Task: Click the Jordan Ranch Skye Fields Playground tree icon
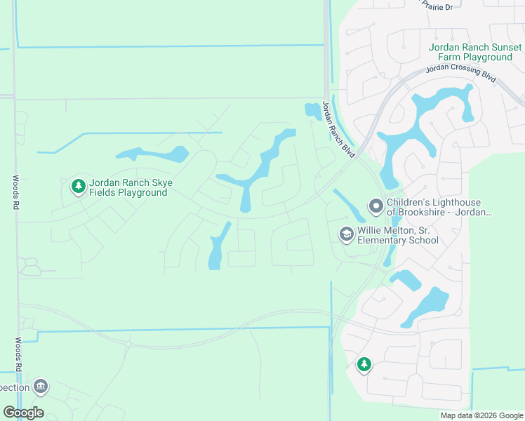[x=78, y=187]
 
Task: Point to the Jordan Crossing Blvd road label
[x=463, y=72]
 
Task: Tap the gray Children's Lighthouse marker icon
[x=376, y=207]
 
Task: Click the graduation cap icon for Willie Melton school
[x=346, y=234]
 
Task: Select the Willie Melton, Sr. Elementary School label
[x=398, y=235]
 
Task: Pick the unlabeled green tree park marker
[x=364, y=364]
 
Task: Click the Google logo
[x=23, y=413]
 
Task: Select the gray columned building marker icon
[x=41, y=387]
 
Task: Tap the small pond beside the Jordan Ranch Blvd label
[x=311, y=111]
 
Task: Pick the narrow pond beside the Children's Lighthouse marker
[x=348, y=206]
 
